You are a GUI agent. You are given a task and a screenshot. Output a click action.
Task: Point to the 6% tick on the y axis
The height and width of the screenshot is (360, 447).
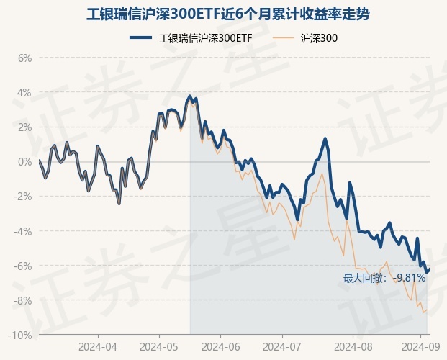[25, 58]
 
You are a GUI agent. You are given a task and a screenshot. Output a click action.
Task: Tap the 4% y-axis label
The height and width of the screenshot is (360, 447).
[25, 92]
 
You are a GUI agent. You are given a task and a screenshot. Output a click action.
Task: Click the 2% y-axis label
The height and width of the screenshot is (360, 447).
[25, 127]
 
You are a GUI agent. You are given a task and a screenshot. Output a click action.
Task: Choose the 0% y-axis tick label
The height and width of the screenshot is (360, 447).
[25, 162]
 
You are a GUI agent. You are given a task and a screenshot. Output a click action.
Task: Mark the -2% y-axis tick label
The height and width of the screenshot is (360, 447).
[24, 197]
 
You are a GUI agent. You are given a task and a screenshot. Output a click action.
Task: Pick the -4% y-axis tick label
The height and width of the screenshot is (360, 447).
[24, 231]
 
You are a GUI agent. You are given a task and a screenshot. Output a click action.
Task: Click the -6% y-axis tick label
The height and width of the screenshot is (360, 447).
[24, 266]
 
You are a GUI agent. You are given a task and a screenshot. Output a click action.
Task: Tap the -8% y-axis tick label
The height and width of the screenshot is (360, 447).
[24, 300]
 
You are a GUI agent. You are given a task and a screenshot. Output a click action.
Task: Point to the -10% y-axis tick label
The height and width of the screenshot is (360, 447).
[22, 336]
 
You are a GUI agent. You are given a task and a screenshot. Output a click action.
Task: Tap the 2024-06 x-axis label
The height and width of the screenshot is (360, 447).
[221, 346]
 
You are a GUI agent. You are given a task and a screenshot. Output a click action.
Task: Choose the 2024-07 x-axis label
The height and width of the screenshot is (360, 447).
[281, 346]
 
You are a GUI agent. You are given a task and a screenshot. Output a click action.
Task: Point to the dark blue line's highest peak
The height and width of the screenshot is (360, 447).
[190, 96]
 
